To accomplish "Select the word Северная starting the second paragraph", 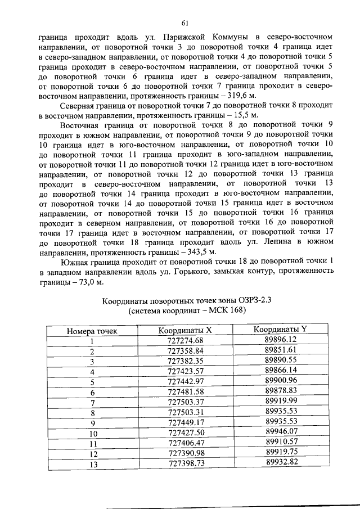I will pos(78,106).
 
